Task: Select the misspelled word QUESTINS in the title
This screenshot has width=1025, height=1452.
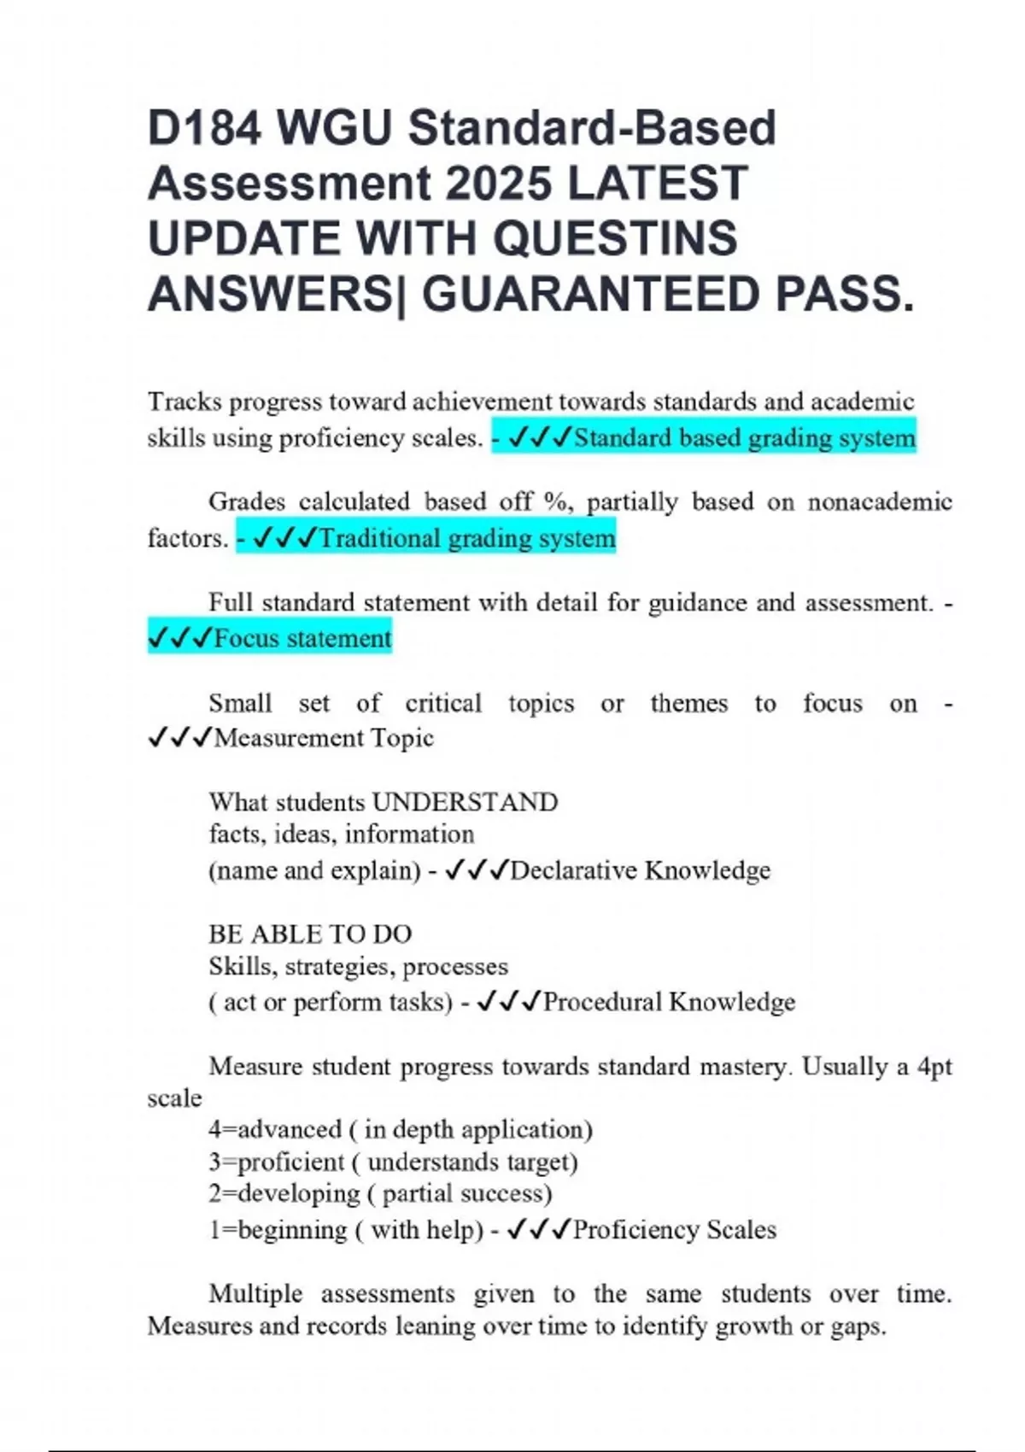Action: click(x=615, y=238)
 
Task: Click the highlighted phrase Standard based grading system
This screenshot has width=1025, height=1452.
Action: click(x=744, y=438)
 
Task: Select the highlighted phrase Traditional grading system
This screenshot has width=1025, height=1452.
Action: click(x=466, y=538)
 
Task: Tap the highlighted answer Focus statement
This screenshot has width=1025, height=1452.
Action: click(x=302, y=638)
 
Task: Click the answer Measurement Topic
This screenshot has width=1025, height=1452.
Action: click(x=324, y=738)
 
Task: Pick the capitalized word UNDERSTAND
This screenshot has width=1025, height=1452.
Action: click(x=466, y=802)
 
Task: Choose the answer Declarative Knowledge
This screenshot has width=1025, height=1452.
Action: click(x=640, y=870)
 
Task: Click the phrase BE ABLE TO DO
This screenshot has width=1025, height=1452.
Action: click(x=310, y=934)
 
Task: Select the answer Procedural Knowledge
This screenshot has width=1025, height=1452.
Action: click(x=669, y=1002)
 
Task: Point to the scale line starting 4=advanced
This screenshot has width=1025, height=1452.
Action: click(x=400, y=1129)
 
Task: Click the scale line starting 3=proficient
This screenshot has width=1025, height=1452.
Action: click(x=393, y=1162)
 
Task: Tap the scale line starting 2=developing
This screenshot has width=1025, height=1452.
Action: click(x=380, y=1193)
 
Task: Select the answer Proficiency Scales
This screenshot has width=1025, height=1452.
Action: click(x=675, y=1230)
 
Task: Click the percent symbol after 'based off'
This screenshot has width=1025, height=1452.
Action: click(x=555, y=501)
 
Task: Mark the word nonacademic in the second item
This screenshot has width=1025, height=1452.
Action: click(x=880, y=501)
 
